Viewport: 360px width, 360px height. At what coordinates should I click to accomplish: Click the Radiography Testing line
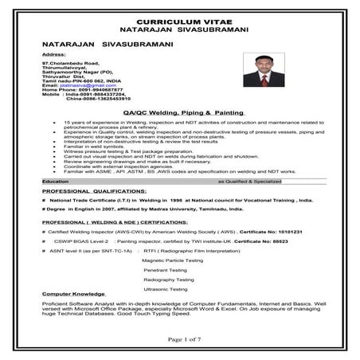[169, 280]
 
